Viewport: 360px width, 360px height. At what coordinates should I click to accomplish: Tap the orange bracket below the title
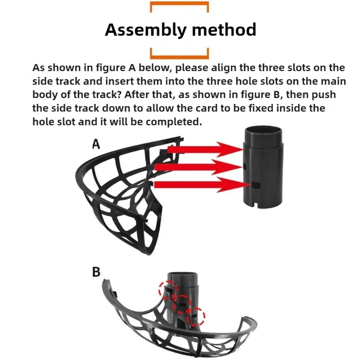click(179, 55)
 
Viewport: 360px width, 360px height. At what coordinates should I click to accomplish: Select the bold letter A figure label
click(96, 144)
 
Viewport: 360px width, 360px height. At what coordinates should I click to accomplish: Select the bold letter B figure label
click(96, 273)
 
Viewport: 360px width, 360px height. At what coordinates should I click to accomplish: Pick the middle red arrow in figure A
click(198, 167)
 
